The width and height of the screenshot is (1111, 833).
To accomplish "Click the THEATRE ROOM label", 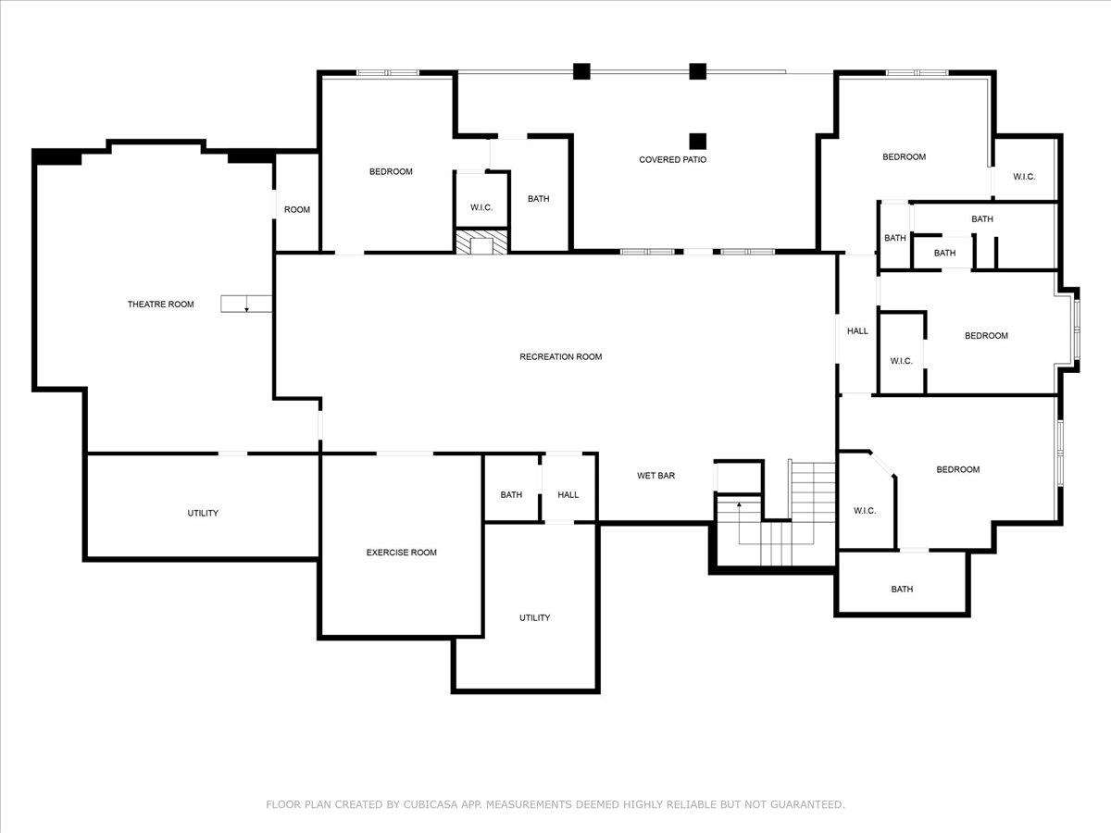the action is click(160, 304).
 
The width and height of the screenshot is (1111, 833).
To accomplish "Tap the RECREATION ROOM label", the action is click(561, 356).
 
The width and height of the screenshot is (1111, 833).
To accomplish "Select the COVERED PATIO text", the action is click(673, 160).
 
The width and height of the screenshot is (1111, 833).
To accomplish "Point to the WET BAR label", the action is click(656, 476).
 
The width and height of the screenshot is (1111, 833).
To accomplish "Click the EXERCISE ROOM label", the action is click(402, 553).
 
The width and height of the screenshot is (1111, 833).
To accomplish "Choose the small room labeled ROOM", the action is click(297, 209).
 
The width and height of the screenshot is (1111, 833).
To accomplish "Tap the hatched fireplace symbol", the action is click(481, 242).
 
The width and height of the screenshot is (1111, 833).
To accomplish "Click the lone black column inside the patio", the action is click(698, 141).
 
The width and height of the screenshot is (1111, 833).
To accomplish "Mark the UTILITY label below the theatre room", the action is click(203, 513).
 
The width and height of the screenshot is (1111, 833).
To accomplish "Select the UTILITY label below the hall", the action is click(534, 617).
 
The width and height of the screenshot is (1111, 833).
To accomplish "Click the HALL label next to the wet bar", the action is click(568, 494).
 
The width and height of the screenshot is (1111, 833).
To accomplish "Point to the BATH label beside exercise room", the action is click(511, 494).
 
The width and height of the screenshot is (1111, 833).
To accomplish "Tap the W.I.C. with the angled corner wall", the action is click(865, 511).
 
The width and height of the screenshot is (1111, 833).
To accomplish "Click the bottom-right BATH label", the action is click(902, 590).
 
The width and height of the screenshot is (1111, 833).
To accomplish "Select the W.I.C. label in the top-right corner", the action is click(1024, 177).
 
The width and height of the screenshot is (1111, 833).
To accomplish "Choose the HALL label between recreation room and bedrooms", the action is click(857, 330).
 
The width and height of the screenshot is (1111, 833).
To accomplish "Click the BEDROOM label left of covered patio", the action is click(391, 171).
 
